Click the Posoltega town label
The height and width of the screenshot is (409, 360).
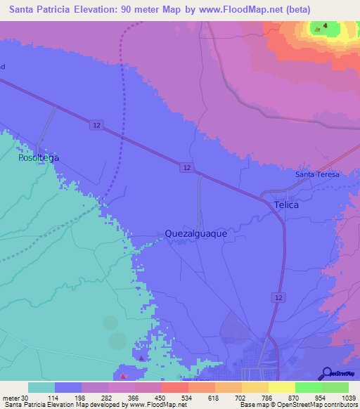click(39, 158)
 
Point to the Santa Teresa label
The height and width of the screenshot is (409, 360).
click(317, 174)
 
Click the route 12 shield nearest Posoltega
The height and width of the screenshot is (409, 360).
click(95, 124)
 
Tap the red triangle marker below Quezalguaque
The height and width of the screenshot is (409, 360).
click(142, 358)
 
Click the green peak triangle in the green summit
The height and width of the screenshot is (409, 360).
click(325, 29)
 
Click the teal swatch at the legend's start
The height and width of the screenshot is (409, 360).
click(41, 387)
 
